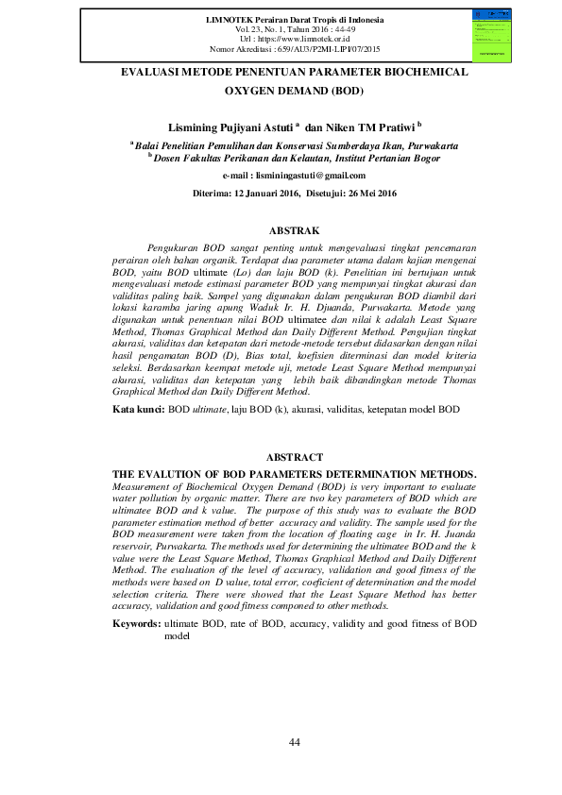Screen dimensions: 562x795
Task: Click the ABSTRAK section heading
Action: [294, 230]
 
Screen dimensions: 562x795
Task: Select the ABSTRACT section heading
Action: [294, 456]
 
